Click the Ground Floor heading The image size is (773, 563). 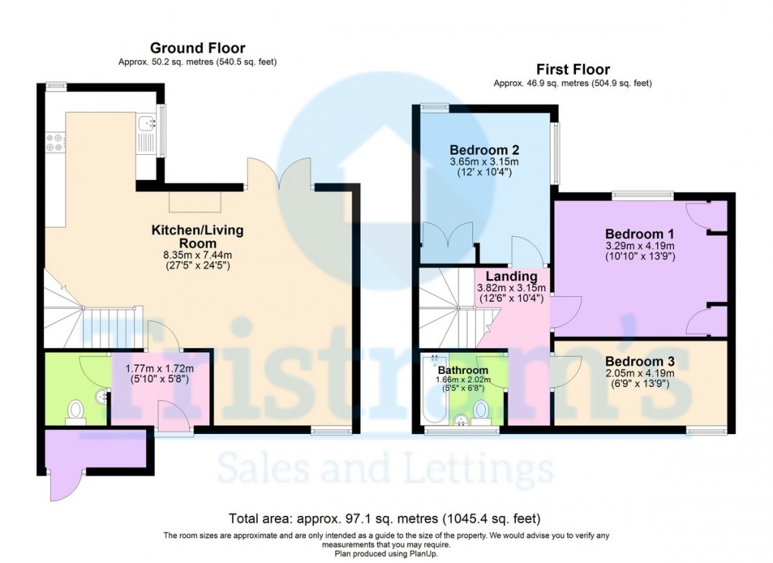tap(197, 49)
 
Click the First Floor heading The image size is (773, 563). tap(572, 70)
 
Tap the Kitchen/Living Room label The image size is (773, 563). tap(198, 235)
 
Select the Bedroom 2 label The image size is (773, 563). tap(484, 149)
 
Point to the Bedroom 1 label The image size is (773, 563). tap(640, 234)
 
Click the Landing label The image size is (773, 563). tap(512, 276)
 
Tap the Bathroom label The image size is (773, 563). tap(462, 370)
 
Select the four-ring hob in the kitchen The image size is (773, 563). tap(55, 142)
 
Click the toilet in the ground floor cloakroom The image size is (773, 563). tap(75, 410)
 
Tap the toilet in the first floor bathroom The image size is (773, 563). tap(480, 410)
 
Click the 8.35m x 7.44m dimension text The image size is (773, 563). tap(198, 255)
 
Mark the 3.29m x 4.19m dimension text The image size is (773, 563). tap(640, 246)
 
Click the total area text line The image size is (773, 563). tap(385, 519)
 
